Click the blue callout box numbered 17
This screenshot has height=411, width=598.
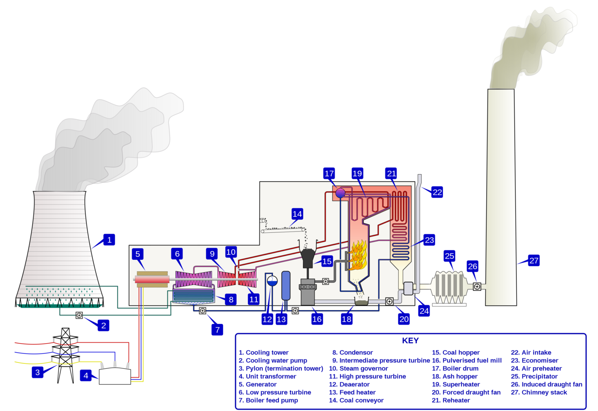(x=329, y=174)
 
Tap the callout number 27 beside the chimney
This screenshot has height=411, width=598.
(x=534, y=260)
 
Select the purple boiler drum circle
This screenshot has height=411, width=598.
(x=340, y=193)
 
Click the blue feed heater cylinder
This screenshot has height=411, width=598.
(x=286, y=286)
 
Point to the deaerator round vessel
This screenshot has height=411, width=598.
(x=272, y=281)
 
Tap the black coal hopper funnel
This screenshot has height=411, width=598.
(x=308, y=256)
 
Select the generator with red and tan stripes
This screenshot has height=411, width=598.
(x=152, y=279)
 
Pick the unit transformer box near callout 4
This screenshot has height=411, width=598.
(x=115, y=376)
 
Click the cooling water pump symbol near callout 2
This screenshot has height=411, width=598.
(x=79, y=315)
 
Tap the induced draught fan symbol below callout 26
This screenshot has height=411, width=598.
(x=477, y=286)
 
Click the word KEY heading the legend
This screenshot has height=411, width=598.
(x=410, y=341)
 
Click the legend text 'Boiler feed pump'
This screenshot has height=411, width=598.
(x=272, y=400)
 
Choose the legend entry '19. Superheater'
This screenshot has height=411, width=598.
(x=456, y=384)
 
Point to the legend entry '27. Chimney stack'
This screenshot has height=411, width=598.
(x=539, y=392)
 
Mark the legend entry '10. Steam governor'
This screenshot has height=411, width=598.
(x=359, y=368)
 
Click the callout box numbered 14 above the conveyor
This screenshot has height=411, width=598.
(x=297, y=214)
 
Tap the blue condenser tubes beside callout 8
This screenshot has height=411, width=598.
(x=193, y=295)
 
